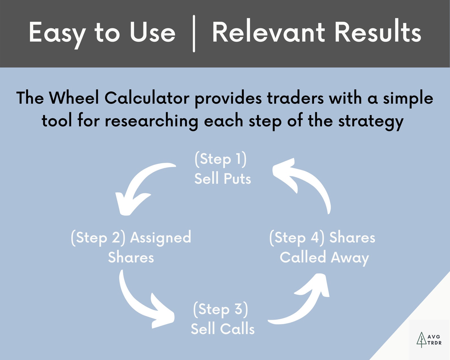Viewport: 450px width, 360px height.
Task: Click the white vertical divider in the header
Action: click(194, 33)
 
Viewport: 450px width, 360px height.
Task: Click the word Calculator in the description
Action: click(147, 98)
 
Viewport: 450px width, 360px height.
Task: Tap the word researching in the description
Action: click(151, 121)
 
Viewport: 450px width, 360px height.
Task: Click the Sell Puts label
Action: click(222, 179)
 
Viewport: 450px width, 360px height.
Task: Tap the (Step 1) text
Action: click(220, 159)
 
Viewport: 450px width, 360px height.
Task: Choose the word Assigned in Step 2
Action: click(160, 238)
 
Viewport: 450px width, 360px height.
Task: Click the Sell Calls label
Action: click(222, 329)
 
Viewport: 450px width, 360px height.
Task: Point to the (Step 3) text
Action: click(220, 309)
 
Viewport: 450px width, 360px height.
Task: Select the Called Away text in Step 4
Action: click(324, 258)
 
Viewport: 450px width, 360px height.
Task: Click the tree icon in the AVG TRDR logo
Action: click(421, 339)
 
